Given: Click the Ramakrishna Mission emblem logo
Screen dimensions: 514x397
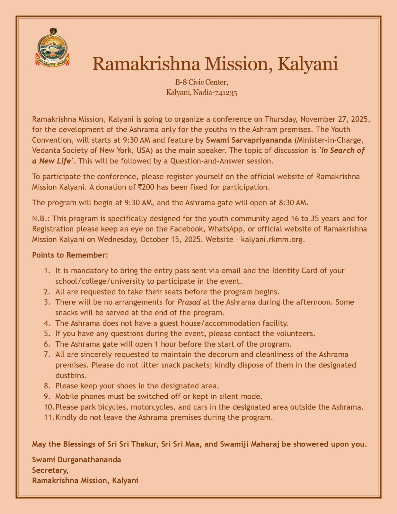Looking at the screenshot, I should (x=52, y=48).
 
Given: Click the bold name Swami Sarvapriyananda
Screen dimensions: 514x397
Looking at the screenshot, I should (x=249, y=140).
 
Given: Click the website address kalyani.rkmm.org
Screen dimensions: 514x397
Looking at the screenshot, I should (x=272, y=240).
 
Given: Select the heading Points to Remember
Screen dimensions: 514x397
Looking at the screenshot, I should (x=70, y=255).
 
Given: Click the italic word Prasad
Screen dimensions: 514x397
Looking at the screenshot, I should (x=189, y=302).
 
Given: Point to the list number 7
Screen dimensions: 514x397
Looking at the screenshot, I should (x=47, y=354).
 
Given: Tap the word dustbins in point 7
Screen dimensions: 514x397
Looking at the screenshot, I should (x=71, y=375).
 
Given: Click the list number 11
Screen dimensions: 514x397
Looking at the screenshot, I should (x=49, y=417).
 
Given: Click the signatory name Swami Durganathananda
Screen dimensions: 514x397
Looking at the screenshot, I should (x=76, y=460).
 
